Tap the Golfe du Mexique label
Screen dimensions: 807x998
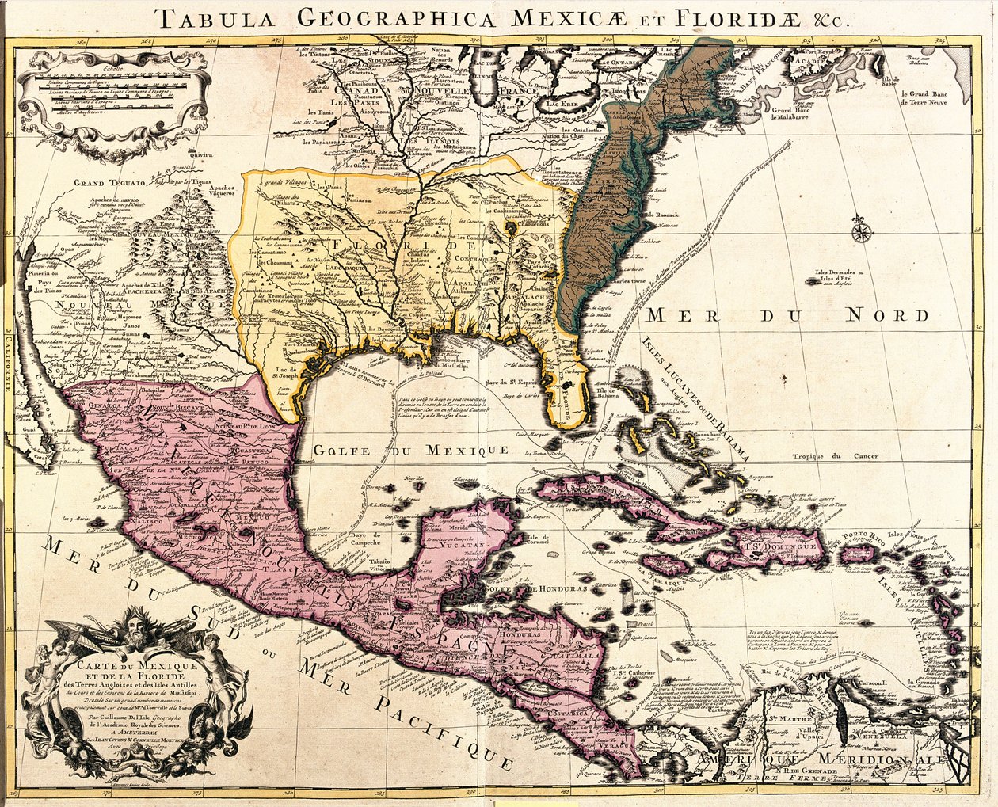pos(410,450)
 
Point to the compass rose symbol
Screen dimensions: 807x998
pos(862,231)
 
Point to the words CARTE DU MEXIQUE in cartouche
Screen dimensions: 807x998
pos(131,662)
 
